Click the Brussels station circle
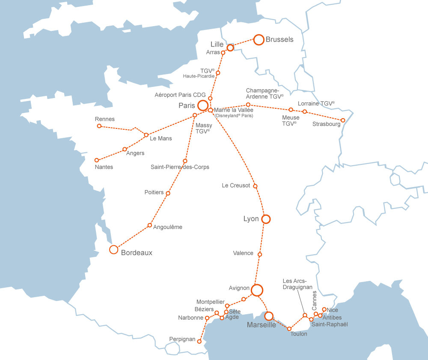click(259, 40)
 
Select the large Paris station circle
click(203, 105)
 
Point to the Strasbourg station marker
click(343, 120)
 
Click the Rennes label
click(105, 119)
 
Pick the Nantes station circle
click(97, 160)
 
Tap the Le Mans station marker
click(146, 135)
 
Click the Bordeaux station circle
click(113, 250)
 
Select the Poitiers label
click(154, 192)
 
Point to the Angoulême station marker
click(150, 225)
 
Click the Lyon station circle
click(266, 219)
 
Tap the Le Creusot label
click(236, 185)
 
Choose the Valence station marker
click(260, 255)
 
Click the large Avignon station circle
click(257, 290)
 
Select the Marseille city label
click(262, 325)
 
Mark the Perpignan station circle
click(199, 341)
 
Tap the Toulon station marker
click(289, 329)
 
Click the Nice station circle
click(324, 309)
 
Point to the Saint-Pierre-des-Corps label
click(180, 167)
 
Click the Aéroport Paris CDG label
click(180, 95)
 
